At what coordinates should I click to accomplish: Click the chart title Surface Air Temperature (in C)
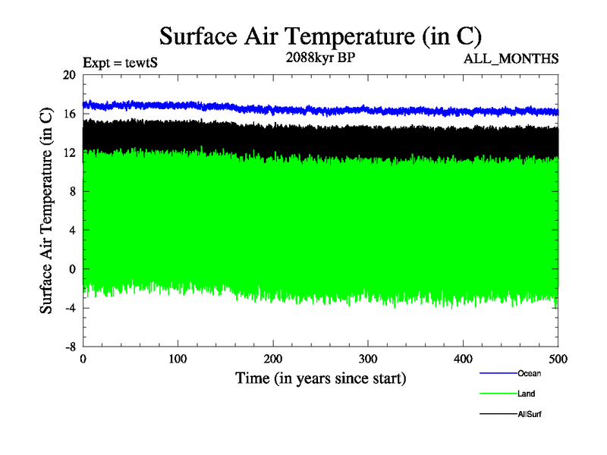coord(320,36)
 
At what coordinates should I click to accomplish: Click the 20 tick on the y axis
coord(69,75)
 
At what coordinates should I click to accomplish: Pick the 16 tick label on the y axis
coord(69,114)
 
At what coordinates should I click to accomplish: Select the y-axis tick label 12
coord(69,152)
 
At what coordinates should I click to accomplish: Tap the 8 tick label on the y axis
coord(72,191)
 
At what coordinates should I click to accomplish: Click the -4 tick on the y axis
coord(69,307)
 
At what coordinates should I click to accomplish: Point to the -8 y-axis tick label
coord(69,346)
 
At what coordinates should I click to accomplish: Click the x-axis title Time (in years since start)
coord(320,378)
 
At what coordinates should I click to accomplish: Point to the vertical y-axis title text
coord(47,211)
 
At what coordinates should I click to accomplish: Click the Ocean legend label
coord(529,373)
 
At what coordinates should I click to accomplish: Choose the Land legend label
coord(527,394)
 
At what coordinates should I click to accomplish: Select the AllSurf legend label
coord(530,414)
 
